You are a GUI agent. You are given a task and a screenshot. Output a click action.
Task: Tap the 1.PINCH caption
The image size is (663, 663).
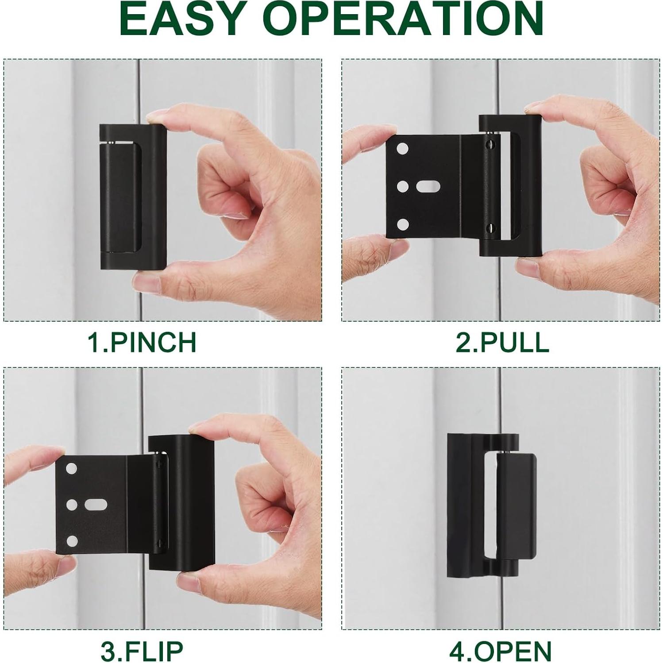142,342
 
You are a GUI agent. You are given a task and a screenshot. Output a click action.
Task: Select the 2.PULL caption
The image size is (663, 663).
502,342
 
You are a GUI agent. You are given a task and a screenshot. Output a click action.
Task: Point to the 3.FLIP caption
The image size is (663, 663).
142,650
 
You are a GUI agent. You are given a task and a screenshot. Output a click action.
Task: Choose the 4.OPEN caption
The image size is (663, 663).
500,650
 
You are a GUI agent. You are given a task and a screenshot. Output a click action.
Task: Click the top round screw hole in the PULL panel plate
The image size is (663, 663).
402,149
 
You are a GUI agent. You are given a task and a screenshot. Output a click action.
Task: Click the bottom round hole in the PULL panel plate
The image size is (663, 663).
402,224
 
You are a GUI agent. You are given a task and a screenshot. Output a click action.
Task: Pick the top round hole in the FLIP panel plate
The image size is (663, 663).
71,469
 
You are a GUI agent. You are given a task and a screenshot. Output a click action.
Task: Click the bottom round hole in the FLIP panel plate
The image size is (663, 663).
72,541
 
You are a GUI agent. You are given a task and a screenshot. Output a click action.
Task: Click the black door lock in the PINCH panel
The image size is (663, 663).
132,197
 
